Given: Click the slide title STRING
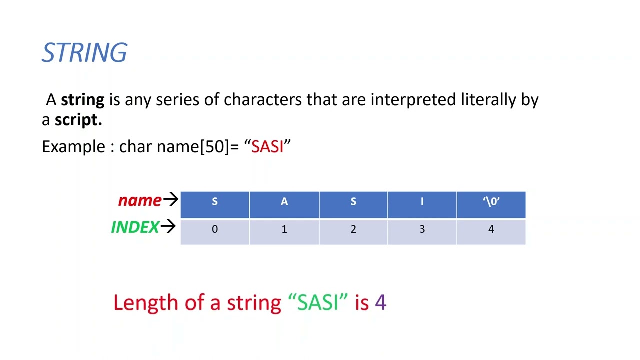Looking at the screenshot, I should tap(84, 53).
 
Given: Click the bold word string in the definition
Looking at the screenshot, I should tap(82, 100).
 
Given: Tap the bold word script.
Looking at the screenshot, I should tap(78, 120).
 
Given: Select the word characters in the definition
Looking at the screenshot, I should tap(262, 100).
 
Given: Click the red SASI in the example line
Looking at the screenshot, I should tap(267, 147).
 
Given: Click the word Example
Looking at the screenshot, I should tap(73, 147).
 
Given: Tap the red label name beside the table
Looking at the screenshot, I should tap(139, 200).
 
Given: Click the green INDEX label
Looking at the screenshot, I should tap(135, 227).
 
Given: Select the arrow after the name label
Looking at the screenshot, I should tap(170, 200).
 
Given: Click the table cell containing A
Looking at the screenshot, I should tap(284, 202).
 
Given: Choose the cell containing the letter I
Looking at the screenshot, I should tap(422, 202).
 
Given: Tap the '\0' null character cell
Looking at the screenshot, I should tap(491, 202).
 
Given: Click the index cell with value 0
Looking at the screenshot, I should tap(215, 229).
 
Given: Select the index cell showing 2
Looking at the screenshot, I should tap(353, 229).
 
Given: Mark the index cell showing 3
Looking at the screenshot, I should tap(422, 229).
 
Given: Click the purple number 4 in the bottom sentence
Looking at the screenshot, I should tap(380, 303).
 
